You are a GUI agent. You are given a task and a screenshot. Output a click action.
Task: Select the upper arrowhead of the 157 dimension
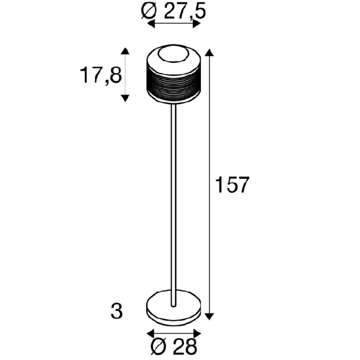click(208, 52)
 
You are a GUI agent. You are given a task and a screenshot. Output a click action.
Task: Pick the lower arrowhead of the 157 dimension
click(208, 315)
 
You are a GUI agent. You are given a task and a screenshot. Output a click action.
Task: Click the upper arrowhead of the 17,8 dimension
click(124, 51)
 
